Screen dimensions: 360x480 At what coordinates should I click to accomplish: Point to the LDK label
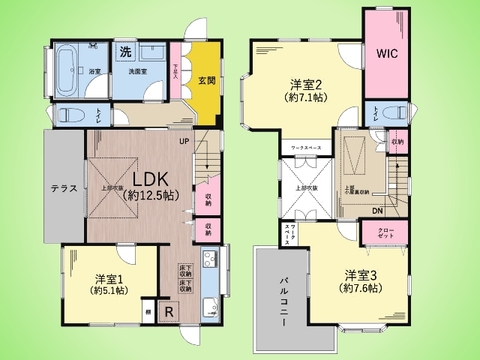(150, 173)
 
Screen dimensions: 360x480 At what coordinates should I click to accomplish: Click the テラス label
(63, 188)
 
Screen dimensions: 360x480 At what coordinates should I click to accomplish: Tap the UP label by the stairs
(184, 141)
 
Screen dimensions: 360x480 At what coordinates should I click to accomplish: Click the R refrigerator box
(167, 311)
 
